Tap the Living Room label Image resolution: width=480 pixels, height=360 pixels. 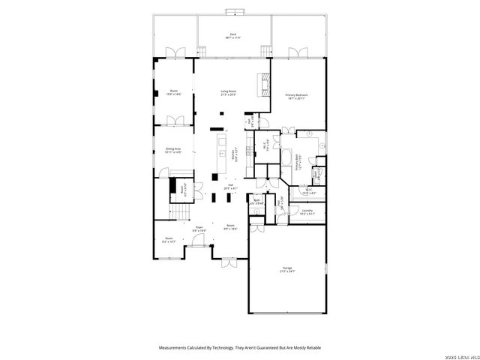point(228,93)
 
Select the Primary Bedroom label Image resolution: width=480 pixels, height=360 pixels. point(297,96)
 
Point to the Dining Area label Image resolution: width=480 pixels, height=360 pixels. point(174,150)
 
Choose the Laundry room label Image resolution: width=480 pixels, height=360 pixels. point(307,212)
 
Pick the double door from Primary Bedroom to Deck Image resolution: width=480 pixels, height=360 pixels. point(295,52)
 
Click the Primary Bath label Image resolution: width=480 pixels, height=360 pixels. point(297,168)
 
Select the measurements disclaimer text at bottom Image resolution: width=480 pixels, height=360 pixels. point(238,347)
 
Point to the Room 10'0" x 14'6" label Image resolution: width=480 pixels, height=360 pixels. point(174,94)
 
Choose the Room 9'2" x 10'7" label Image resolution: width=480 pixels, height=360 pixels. point(169,241)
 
